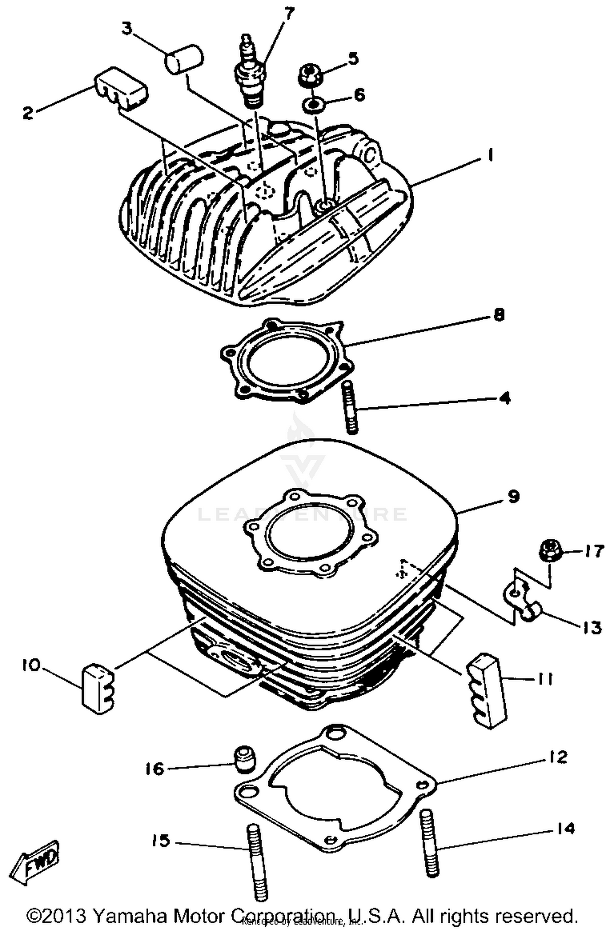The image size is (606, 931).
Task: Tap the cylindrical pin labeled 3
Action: point(184,60)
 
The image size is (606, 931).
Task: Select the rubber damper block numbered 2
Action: point(121,90)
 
